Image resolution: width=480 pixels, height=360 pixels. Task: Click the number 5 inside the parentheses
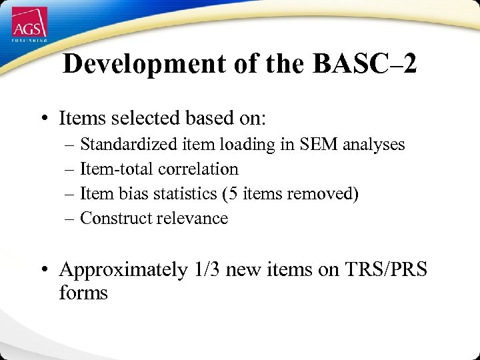click(230, 194)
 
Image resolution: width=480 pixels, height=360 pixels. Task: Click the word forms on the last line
click(83, 293)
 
